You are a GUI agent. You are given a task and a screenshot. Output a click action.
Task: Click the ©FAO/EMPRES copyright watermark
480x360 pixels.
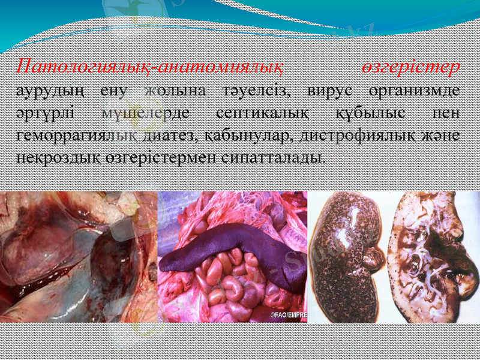[287, 314]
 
